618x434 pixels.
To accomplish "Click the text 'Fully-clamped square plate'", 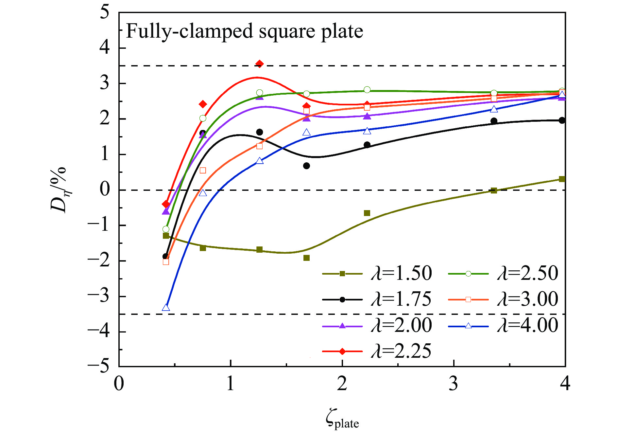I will click(245, 31).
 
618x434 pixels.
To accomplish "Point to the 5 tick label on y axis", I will click(105, 13).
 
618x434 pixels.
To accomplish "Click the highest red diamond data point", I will click(260, 64).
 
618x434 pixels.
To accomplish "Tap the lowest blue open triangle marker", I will click(166, 308).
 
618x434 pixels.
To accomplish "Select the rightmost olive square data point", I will click(562, 179).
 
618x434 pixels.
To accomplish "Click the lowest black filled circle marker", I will click(165, 257).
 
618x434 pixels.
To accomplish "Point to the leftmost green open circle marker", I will click(166, 229).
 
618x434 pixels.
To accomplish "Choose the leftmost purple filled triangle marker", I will click(166, 211).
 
